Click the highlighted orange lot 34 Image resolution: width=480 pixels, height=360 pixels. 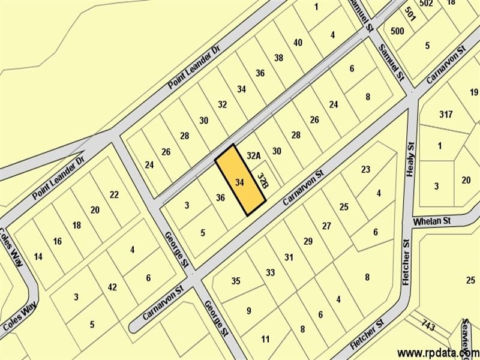[240, 181]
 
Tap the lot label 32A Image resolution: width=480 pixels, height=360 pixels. [254, 156]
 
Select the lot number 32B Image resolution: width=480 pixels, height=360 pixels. [262, 180]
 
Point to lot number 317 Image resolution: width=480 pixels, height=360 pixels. [445, 114]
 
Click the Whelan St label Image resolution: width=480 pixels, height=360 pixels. [432, 222]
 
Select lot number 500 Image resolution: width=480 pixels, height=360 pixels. [397, 31]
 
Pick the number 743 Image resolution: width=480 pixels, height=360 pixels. [428, 326]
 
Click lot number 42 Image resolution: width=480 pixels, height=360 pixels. [112, 287]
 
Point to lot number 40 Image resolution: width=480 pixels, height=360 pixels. [298, 43]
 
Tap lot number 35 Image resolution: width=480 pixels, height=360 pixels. [236, 281]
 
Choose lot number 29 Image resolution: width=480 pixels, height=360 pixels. [308, 241]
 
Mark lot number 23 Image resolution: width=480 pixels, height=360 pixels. [365, 169]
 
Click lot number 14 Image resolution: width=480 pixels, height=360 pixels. [38, 257]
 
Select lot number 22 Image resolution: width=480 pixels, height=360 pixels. [114, 194]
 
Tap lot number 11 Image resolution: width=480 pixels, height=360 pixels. [265, 340]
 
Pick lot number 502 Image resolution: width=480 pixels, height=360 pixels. [427, 4]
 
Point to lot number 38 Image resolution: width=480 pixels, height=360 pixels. [278, 58]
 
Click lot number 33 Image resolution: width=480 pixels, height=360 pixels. [270, 273]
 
